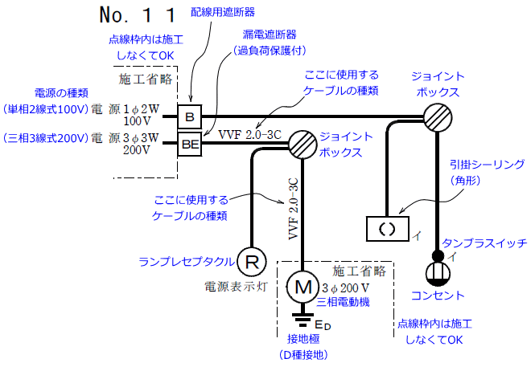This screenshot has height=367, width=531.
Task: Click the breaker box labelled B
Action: (190, 118)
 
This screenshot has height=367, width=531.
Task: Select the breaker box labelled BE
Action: (190, 145)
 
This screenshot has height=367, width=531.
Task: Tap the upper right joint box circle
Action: (437, 118)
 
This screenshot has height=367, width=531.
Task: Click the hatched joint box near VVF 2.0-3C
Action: (301, 146)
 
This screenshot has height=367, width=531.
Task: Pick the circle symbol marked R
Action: (253, 261)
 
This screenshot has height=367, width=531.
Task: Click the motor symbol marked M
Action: (304, 285)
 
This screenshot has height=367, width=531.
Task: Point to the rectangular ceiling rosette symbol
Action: (387, 228)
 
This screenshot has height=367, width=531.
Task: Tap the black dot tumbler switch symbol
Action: (438, 257)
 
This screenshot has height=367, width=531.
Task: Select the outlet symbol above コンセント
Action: (438, 273)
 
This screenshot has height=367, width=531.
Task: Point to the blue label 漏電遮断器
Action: (269, 35)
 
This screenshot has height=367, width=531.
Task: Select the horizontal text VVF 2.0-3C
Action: (250, 133)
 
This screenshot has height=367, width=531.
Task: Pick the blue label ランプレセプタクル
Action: (187, 261)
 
